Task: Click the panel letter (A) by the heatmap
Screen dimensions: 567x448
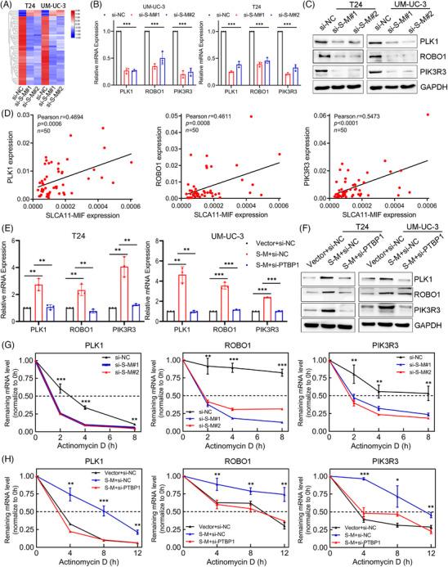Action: (x=7, y=7)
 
